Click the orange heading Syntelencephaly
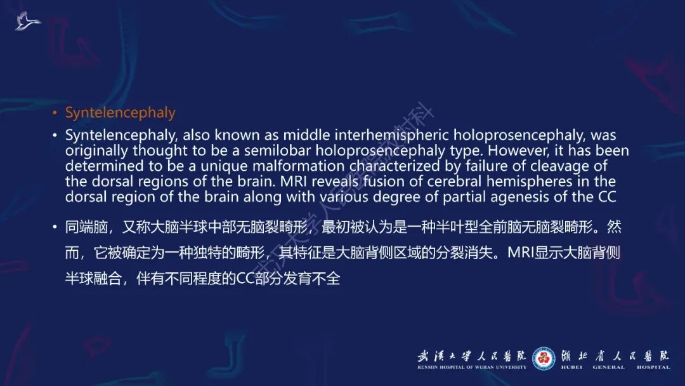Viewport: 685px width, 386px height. point(120,113)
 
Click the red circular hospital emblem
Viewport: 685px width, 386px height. point(544,359)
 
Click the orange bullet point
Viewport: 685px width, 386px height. point(55,114)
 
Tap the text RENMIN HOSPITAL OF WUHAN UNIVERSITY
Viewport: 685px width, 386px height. point(471,367)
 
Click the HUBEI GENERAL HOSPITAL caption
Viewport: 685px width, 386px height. point(615,367)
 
